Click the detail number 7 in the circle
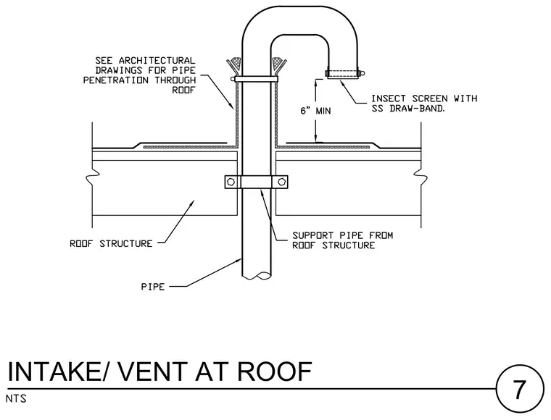click(519, 390)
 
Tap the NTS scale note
click(16, 399)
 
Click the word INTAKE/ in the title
click(56, 371)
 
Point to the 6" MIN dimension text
click(315, 111)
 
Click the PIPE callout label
click(153, 287)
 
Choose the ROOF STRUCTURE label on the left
click(111, 244)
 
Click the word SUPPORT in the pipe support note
click(312, 235)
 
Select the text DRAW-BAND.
click(418, 109)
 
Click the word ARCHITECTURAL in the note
click(157, 61)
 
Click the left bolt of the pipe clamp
click(231, 182)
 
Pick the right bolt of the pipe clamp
click(281, 182)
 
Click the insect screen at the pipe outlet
click(344, 74)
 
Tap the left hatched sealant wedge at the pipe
click(235, 65)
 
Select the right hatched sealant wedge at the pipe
click(278, 65)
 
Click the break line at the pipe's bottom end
click(257, 276)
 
